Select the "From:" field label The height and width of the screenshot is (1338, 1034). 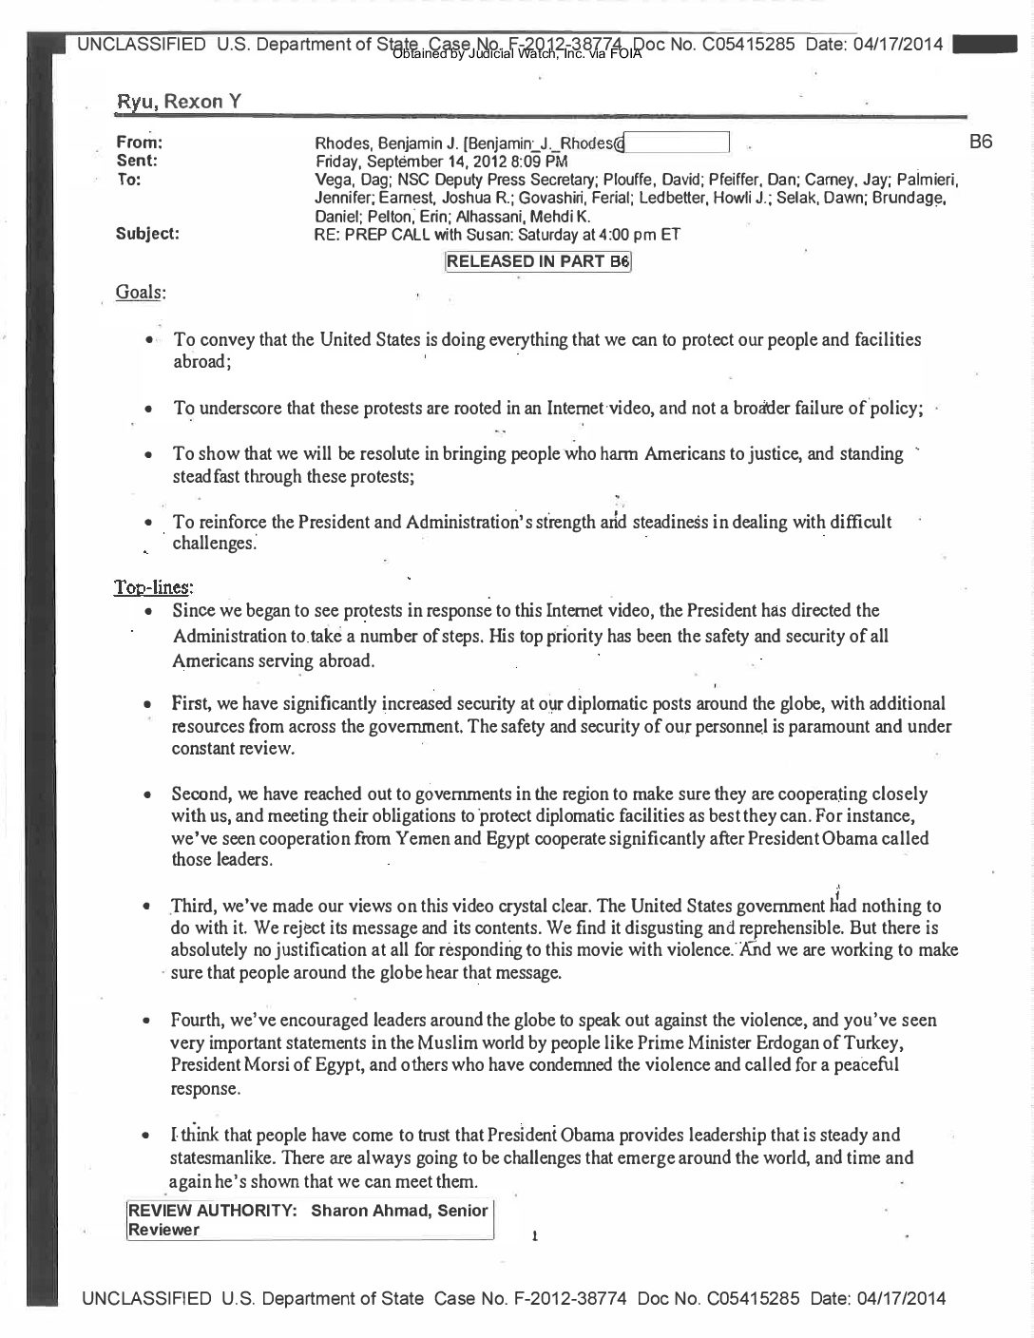139,143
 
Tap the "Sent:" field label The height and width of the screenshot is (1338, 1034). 136,161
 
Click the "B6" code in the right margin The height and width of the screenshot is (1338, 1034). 981,143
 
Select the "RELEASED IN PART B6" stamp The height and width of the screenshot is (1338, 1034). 539,262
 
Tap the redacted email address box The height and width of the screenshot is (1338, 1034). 677,143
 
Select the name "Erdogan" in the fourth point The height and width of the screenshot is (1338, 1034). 792,1042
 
